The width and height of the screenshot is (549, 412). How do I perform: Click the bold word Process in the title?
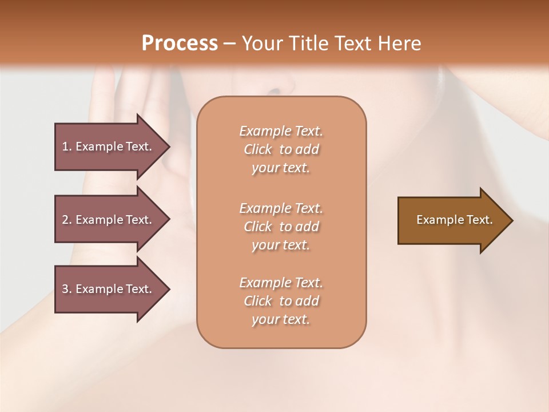point(180,43)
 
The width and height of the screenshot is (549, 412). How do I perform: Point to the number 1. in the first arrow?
point(67,146)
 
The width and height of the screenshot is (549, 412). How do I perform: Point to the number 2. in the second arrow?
point(67,220)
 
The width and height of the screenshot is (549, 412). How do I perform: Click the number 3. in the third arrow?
point(67,289)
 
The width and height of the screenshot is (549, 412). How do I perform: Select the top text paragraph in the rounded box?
point(281,149)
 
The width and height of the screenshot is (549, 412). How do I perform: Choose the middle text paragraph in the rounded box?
point(281,227)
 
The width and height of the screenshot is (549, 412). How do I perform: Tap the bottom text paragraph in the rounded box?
point(281,301)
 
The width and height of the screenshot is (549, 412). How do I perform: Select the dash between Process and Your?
point(230,43)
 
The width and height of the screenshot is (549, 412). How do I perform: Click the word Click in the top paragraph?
point(258,149)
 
